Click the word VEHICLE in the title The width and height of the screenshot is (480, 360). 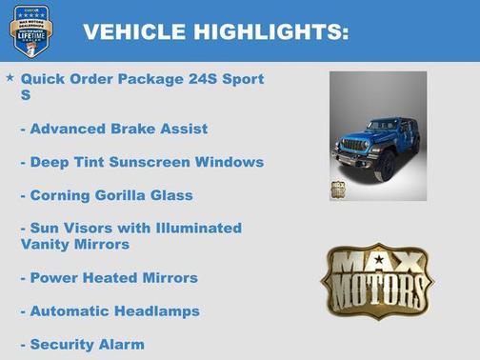133,32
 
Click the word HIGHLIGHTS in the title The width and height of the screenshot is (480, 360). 270,32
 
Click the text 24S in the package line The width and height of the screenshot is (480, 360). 195,79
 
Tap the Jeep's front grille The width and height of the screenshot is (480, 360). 353,149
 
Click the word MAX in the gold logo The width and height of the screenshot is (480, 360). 378,263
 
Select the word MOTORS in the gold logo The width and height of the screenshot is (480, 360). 377,285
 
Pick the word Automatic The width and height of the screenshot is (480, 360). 69,311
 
